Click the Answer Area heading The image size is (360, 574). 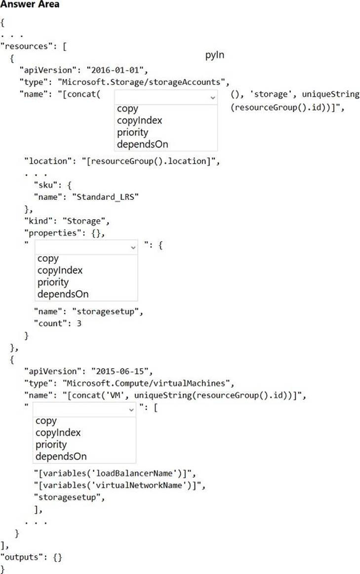[x=30, y=4]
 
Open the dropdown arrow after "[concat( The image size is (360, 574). [x=212, y=98]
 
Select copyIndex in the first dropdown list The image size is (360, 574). [x=140, y=120]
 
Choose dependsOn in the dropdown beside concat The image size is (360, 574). [x=142, y=144]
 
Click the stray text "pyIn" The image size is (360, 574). [x=215, y=55]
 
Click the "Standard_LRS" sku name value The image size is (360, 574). [x=106, y=197]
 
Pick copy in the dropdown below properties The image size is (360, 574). [x=48, y=259]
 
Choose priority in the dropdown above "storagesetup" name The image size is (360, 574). [x=53, y=282]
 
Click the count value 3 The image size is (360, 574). [x=79, y=323]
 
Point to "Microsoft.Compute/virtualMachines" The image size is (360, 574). [x=148, y=383]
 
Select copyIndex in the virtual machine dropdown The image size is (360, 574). [x=58, y=433]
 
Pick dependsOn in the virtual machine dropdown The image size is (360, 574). [x=61, y=457]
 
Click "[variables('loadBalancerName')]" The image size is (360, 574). [x=115, y=473]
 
